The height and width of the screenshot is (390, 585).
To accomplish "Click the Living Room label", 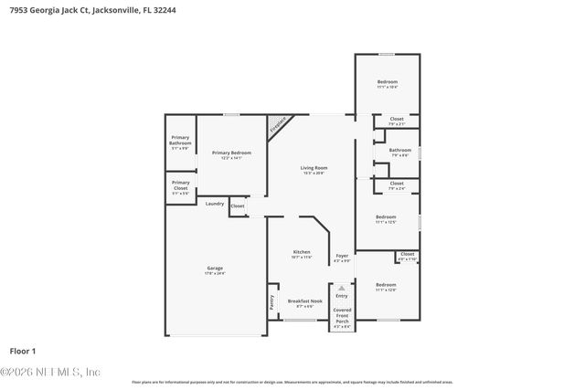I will pos(314,168).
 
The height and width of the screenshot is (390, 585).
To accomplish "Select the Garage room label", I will pos(215,268).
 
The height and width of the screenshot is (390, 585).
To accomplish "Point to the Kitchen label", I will pos(302,252).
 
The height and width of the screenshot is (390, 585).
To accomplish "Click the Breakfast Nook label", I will pos(304,300).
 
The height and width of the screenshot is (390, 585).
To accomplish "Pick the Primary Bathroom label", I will pos(180,141).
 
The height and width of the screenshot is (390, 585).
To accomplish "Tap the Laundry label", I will pos(215,204).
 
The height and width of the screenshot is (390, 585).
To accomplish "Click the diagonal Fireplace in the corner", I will pos(278,126).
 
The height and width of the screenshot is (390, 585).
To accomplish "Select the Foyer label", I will pos(341,256).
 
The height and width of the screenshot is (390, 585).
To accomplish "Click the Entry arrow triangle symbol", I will pos(342,288).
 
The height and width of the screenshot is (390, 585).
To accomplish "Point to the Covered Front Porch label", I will pos(342,315).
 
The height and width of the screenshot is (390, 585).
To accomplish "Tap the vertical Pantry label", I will pos(271,300).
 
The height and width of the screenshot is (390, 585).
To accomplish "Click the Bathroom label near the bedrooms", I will pos(399,150).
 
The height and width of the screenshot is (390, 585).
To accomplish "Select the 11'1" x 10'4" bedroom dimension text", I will pos(388,88).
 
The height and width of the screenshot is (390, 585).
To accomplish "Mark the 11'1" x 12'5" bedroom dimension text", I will pos(386,222).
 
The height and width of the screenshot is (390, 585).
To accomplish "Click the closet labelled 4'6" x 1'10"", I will pos(407,256).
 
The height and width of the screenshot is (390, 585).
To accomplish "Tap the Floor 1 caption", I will pos(22,351).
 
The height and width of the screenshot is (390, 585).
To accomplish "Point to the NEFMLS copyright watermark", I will pos(50,372).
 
